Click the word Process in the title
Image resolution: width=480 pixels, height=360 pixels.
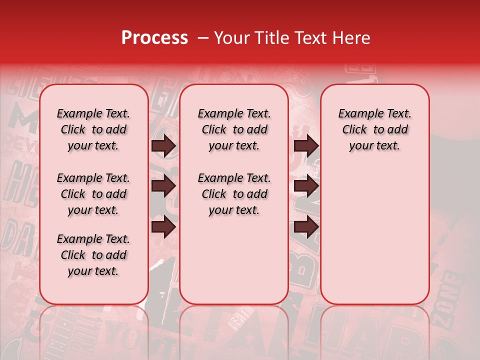tap(154, 38)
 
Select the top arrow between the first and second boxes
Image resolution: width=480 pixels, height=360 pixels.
tap(163, 146)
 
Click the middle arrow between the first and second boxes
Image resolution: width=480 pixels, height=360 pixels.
tap(163, 186)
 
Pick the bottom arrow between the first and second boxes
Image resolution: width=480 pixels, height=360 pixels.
tap(163, 227)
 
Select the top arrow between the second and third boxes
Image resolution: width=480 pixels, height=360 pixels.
tap(306, 146)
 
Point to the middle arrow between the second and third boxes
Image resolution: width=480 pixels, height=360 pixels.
tap(306, 186)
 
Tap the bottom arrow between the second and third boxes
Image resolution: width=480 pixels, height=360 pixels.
tap(306, 227)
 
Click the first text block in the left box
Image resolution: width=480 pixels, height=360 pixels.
tap(93, 129)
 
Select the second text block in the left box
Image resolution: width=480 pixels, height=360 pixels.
tap(93, 194)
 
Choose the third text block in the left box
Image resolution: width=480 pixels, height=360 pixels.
tap(93, 255)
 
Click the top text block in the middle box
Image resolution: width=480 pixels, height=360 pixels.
tap(234, 129)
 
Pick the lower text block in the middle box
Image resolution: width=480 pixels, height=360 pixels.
tap(234, 194)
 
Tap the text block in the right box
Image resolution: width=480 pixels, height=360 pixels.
tap(375, 129)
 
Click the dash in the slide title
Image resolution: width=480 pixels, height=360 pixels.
tap(203, 38)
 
